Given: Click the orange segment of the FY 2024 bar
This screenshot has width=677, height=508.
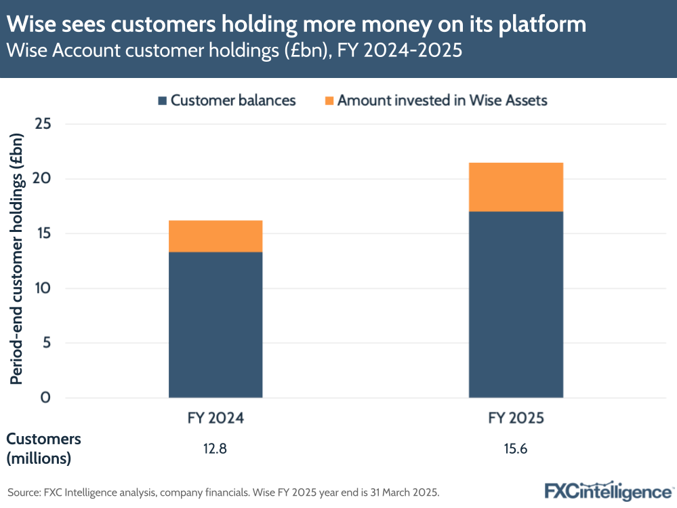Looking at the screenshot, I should coord(216,236).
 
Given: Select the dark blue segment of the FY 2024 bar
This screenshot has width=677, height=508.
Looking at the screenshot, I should coord(216,324).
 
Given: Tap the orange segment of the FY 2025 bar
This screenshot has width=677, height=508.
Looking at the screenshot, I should coord(516,187).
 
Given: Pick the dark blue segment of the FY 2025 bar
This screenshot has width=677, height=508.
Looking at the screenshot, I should coord(516,304).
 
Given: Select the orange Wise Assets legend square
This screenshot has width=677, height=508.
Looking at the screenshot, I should coord(329,101).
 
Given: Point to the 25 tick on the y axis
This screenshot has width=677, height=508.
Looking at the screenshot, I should coord(45,124).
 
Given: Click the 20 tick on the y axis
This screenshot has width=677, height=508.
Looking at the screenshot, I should coord(45,179).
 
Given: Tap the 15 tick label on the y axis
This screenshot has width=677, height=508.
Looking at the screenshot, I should coord(45,234).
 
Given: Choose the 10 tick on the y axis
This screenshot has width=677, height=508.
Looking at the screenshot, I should coord(45,288).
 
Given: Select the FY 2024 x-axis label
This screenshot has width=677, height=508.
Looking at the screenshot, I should coord(216,418).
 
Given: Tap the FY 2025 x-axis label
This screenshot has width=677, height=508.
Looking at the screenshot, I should coord(516,418).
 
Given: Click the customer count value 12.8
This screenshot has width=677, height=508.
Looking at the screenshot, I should coord(216,449).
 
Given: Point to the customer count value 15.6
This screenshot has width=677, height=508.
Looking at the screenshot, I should coord(516,449).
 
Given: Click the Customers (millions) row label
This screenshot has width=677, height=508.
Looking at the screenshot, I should coord(44,448).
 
